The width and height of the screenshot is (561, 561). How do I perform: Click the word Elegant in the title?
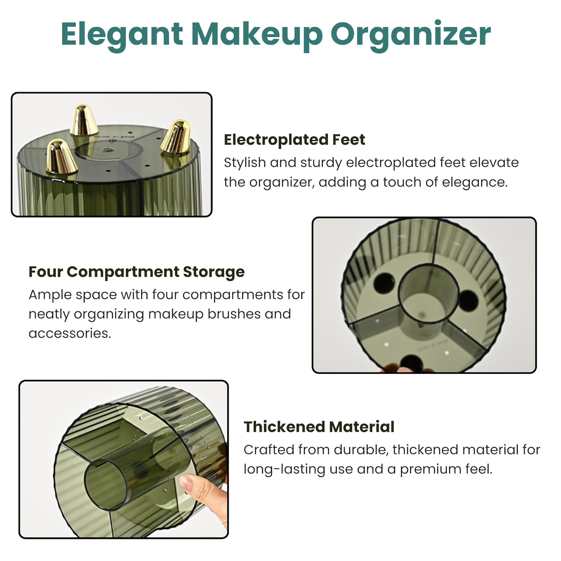click(x=122, y=34)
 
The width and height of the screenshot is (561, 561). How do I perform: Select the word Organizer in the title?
click(x=411, y=34)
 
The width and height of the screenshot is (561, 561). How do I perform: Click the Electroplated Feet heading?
click(x=294, y=140)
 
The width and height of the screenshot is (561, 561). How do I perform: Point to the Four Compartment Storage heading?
click(x=137, y=272)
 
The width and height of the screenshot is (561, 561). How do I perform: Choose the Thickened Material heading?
click(x=319, y=427)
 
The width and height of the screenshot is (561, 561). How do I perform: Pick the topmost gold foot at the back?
click(x=84, y=119)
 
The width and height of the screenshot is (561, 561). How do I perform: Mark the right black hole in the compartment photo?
click(x=467, y=301)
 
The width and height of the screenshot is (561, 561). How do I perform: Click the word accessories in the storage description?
click(x=70, y=333)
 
